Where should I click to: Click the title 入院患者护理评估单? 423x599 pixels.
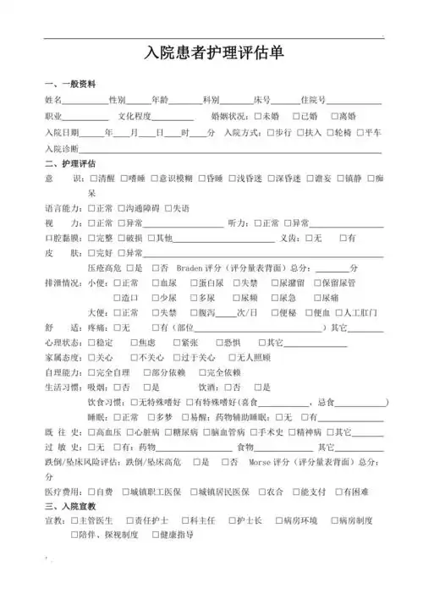click(x=212, y=53)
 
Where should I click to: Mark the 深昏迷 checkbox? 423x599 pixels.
click(x=272, y=179)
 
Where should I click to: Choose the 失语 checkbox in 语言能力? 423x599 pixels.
click(x=168, y=208)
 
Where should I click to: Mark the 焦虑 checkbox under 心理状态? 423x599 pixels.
click(x=135, y=343)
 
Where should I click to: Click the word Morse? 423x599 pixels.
click(x=259, y=462)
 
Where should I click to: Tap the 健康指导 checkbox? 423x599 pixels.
click(x=155, y=536)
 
